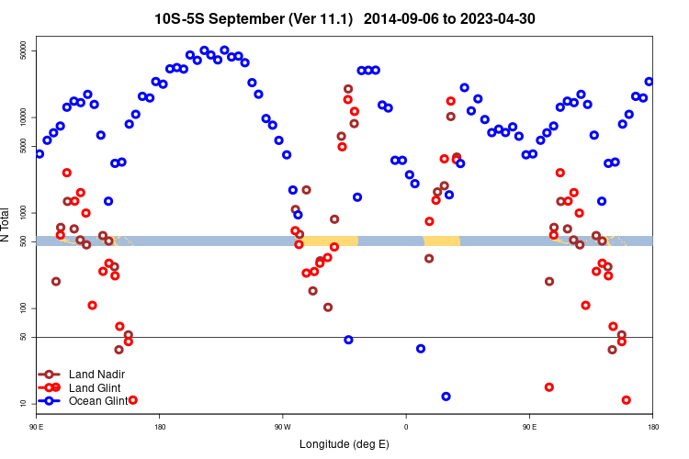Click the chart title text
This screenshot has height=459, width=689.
344,18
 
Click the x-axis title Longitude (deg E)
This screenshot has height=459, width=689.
344,444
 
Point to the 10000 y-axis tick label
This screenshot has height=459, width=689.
26,118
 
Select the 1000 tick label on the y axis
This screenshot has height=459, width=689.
26,213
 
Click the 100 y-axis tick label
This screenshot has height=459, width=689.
26,308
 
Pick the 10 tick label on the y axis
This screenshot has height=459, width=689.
26,404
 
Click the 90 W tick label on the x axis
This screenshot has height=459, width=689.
282,427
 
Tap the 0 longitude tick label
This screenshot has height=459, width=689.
406,427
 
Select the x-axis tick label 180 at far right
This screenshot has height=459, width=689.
652,427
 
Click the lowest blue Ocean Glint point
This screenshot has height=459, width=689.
446,397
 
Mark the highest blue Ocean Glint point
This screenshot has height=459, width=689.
224,50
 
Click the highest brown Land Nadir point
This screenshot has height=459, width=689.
348,89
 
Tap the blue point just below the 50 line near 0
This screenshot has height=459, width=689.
421,349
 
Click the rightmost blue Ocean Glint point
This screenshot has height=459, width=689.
649,82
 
